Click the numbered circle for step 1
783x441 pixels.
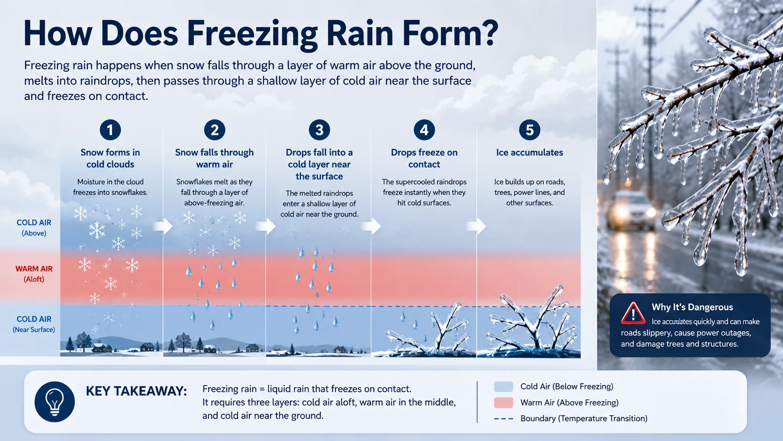(x=110, y=130)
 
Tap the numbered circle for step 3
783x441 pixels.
(x=319, y=130)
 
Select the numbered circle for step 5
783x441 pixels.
(x=529, y=130)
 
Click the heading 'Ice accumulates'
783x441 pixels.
(x=529, y=152)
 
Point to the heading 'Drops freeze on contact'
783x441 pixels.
(x=424, y=158)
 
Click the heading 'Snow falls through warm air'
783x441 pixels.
(x=214, y=158)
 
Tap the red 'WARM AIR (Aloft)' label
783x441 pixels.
(x=34, y=274)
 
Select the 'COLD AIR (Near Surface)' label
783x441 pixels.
(x=34, y=324)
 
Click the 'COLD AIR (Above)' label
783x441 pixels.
(x=34, y=228)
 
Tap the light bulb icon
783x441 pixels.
(x=54, y=402)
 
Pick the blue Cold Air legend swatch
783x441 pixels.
(x=503, y=387)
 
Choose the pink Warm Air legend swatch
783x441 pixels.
(x=503, y=403)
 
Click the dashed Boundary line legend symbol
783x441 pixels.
(x=503, y=419)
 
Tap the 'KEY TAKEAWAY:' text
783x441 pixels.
(x=136, y=391)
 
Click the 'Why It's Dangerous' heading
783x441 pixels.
(x=692, y=307)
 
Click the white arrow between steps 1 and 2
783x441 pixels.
(x=163, y=226)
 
